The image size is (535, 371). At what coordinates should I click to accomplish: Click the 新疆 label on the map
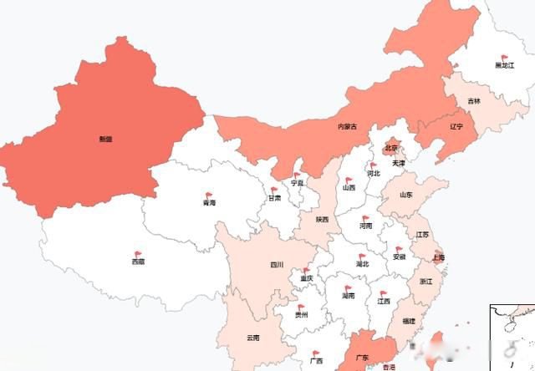pyautogui.click(x=105, y=139)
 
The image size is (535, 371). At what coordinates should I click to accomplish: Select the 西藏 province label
pyautogui.click(x=137, y=262)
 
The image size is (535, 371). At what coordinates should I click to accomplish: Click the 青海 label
pyautogui.click(x=209, y=202)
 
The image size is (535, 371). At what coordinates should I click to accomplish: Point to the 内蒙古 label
pyautogui.click(x=347, y=127)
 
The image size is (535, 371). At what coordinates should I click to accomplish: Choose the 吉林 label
pyautogui.click(x=474, y=101)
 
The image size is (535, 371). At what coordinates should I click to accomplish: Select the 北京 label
pyautogui.click(x=391, y=148)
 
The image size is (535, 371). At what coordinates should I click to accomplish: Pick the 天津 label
pyautogui.click(x=398, y=163)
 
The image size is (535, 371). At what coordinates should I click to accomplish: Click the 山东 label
pyautogui.click(x=405, y=195)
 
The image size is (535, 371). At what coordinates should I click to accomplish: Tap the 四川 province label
pyautogui.click(x=277, y=265)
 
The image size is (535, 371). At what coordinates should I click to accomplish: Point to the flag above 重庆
pyautogui.click(x=307, y=269)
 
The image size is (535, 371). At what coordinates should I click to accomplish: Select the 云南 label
pyautogui.click(x=252, y=338)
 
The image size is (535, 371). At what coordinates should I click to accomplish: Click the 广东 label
pyautogui.click(x=363, y=358)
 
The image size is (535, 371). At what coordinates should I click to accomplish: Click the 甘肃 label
pyautogui.click(x=274, y=200)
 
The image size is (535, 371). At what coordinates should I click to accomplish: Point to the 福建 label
pyautogui.click(x=408, y=321)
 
